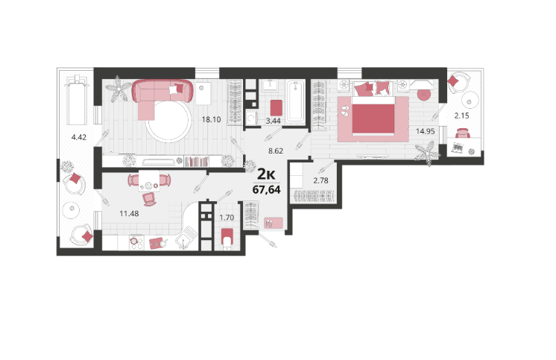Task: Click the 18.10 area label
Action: [212, 119]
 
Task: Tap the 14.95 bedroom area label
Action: [425, 131]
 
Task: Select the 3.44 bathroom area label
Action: [273, 121]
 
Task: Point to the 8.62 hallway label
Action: [276, 151]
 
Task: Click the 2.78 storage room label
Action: [320, 180]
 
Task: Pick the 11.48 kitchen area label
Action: [129, 213]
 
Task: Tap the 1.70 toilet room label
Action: [227, 218]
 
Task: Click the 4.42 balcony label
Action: [79, 137]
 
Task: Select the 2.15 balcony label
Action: [461, 116]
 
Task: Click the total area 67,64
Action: [266, 190]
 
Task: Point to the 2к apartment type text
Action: [266, 174]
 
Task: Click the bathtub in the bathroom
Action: [295, 101]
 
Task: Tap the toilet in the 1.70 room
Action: [227, 237]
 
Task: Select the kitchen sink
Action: [186, 238]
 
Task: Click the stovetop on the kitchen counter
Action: [136, 242]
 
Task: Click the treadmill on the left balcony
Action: [78, 100]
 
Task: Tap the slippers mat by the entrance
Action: [273, 223]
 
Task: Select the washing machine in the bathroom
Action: [251, 118]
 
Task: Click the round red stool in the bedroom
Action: [423, 95]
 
